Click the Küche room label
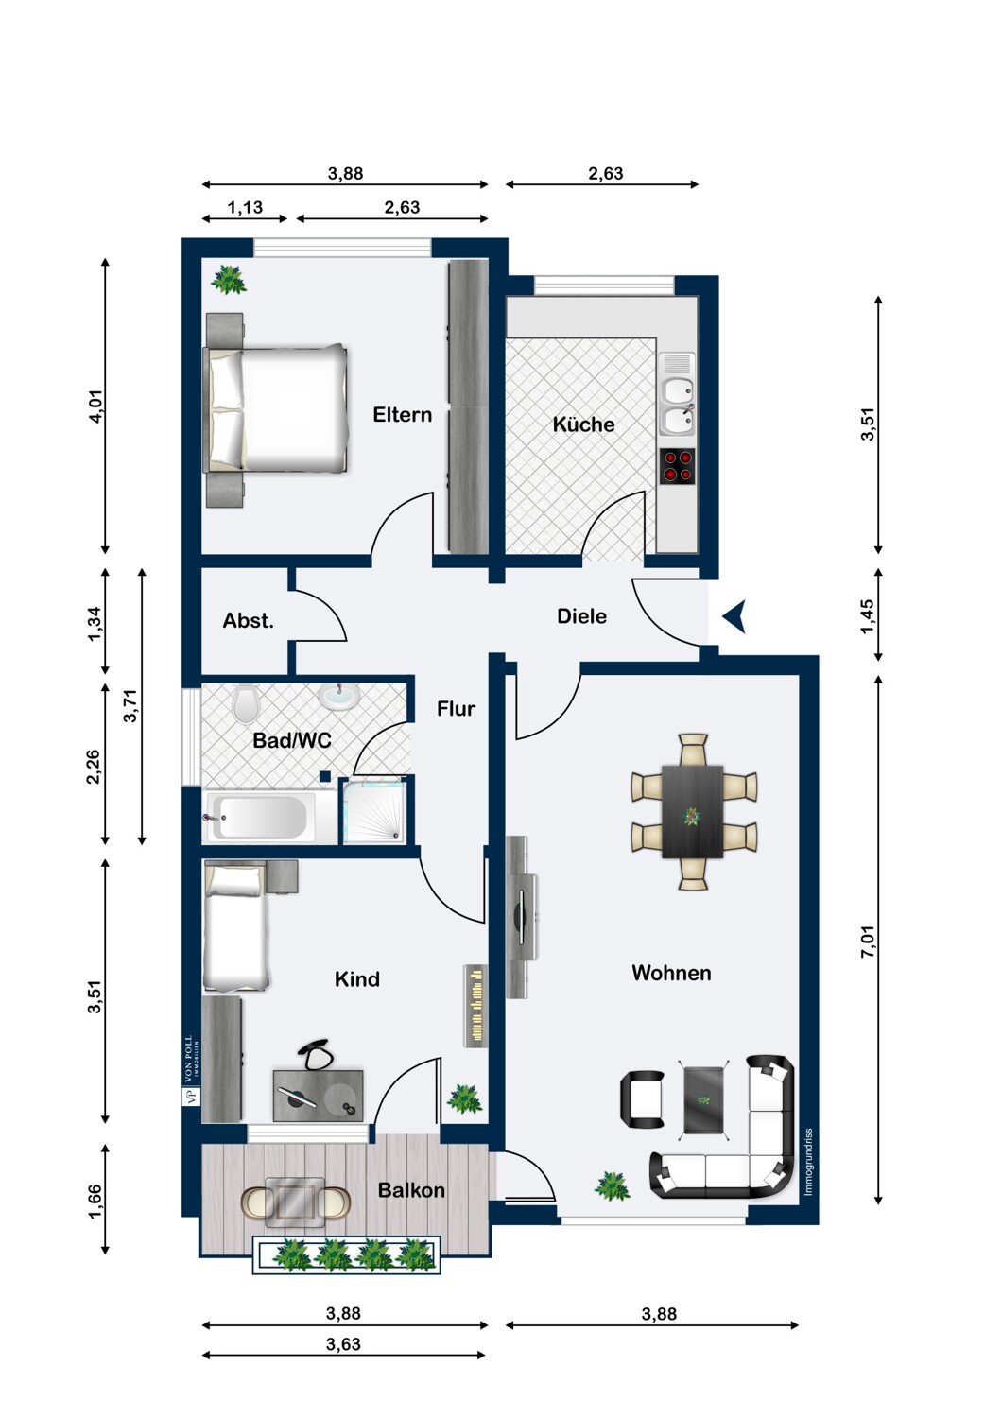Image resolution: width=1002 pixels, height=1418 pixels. coord(583,424)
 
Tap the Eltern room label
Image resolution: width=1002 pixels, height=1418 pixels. coord(402,415)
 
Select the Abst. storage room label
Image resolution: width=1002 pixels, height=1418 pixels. coord(248,620)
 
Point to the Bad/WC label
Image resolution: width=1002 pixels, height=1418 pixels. coord(292,740)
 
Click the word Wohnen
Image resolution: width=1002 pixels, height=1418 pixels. coord(671,973)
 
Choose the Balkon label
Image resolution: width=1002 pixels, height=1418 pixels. coord(411,1190)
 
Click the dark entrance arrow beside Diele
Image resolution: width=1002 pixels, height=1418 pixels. coord(734,616)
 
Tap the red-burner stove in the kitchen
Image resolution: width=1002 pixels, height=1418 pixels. coord(677,467)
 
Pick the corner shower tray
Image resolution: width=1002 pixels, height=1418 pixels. coord(374,811)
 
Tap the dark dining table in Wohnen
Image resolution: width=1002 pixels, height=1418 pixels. coord(693,811)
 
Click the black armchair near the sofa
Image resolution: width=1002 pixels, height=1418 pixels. coord(642,1098)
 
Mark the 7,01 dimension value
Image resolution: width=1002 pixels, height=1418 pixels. coord(868,942)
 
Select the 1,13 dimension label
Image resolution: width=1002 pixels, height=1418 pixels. coord(245,207)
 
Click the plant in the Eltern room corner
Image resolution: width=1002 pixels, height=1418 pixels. coord(229,279)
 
